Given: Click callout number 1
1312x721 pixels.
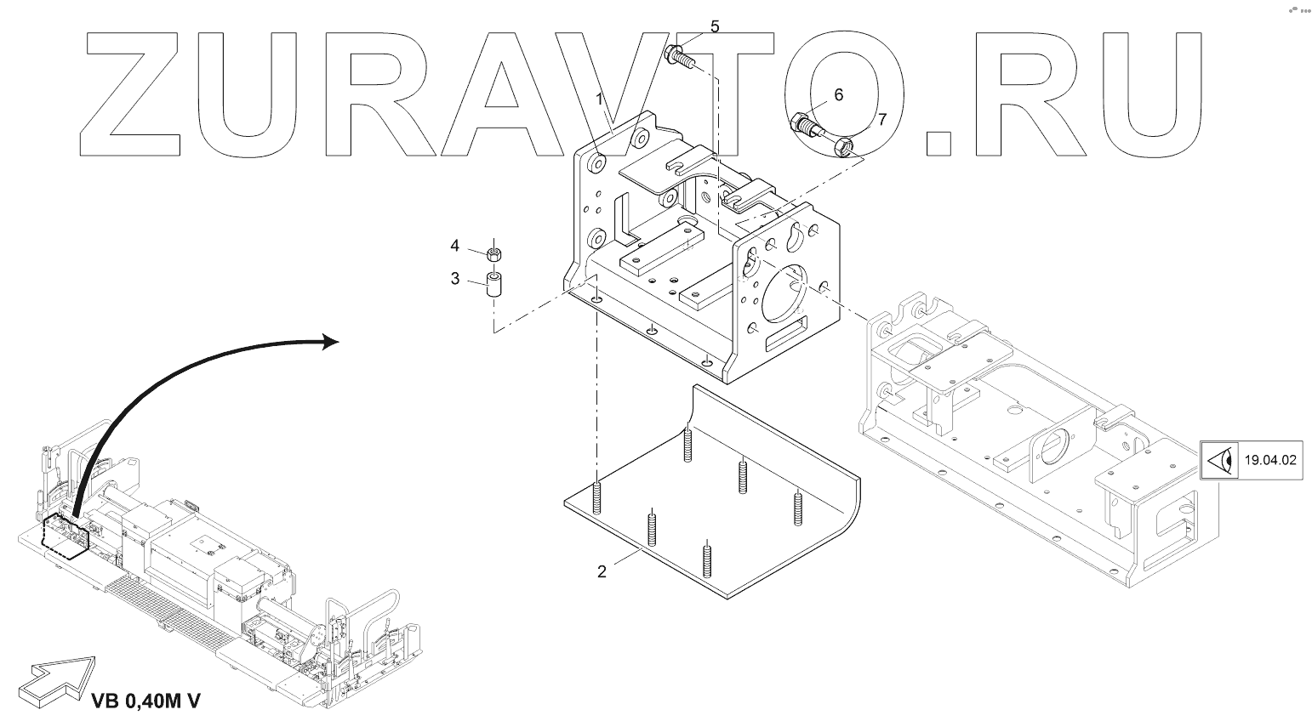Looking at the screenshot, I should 599,99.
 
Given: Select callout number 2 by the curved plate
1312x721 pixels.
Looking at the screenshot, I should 602,571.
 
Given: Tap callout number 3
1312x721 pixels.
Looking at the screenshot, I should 455,278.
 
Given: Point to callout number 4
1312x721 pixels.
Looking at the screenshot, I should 455,246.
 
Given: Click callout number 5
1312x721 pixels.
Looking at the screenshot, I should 715,27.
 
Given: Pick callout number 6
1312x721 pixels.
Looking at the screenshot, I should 838,94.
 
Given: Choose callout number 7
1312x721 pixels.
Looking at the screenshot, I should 882,120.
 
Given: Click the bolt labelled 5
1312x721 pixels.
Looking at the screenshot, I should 678,57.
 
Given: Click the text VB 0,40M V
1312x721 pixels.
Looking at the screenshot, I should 145,701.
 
